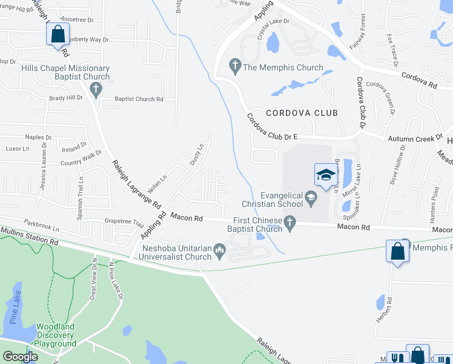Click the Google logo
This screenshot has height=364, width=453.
click(20, 357)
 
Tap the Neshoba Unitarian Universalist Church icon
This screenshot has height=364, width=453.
click(220, 249)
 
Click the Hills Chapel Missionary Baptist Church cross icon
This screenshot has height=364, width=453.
click(95, 90)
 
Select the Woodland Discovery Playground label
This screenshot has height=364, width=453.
click(55, 335)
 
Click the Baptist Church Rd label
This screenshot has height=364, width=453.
click(139, 99)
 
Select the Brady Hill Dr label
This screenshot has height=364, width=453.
click(66, 98)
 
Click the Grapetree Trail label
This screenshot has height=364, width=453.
click(124, 222)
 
